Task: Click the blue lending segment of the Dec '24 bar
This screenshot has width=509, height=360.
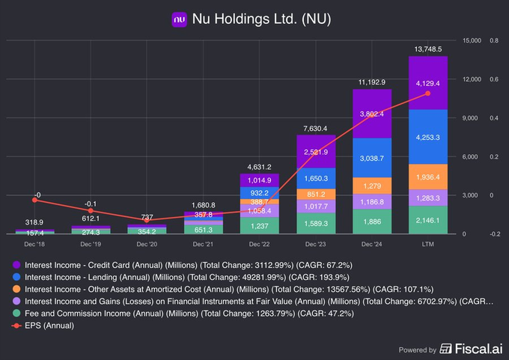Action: [372, 157]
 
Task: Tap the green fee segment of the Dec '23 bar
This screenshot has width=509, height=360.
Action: [316, 223]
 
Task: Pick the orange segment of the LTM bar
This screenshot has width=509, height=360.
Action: [427, 177]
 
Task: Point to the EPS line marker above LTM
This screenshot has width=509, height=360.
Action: [427, 93]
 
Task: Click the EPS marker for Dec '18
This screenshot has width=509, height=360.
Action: [35, 200]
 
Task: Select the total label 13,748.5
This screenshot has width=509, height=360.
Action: [427, 49]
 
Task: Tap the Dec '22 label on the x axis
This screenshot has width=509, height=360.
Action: [259, 244]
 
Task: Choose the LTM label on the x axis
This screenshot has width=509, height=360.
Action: [427, 244]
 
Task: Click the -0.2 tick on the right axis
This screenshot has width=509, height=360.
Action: [494, 234]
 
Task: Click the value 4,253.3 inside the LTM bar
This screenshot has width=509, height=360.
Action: [427, 138]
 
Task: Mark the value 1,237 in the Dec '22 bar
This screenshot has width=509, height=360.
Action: [259, 225]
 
